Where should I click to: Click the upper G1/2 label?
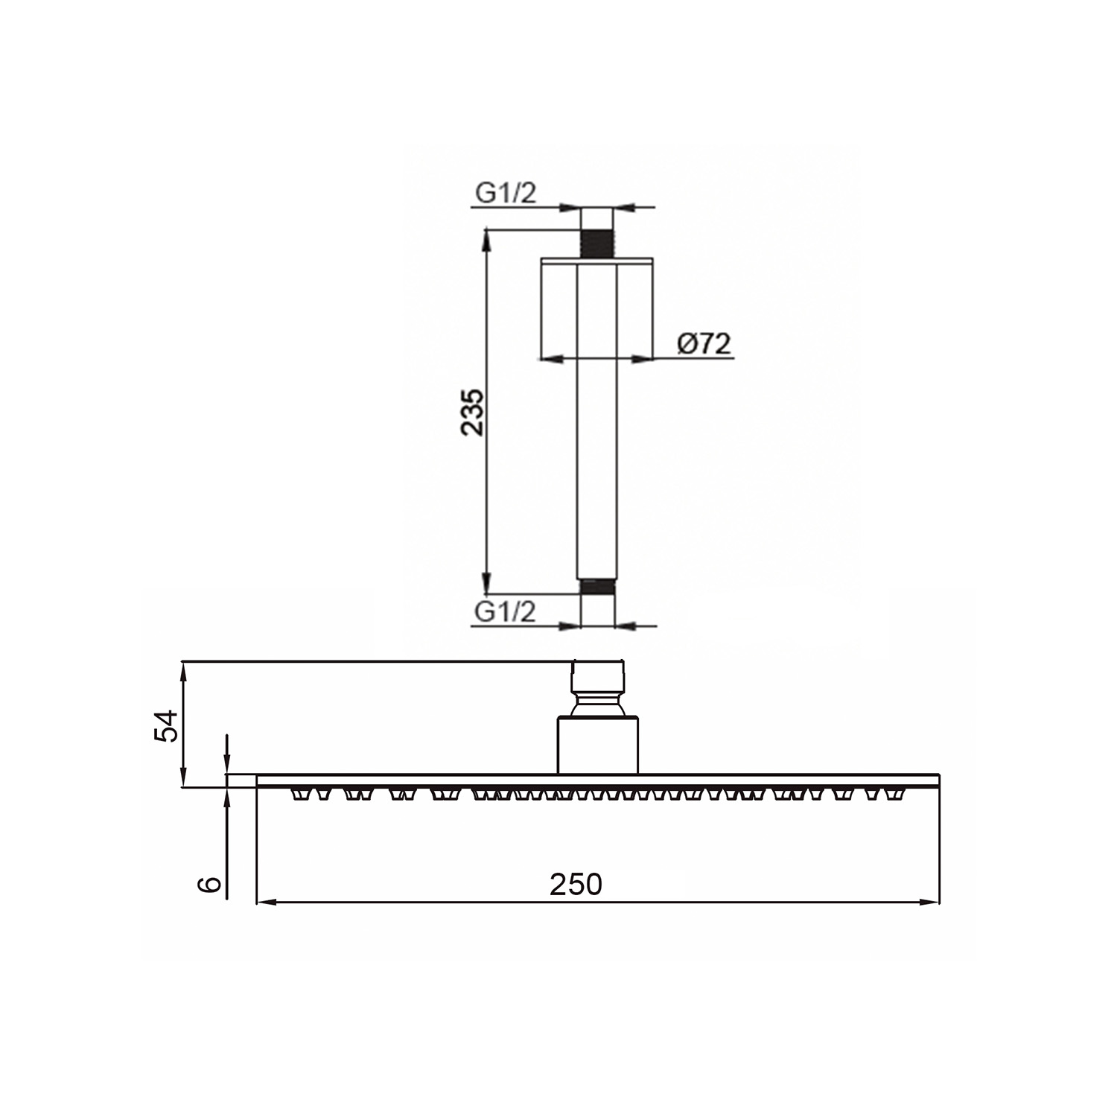click(506, 194)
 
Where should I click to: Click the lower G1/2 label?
click(506, 612)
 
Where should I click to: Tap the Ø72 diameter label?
click(704, 344)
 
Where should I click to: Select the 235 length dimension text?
click(473, 412)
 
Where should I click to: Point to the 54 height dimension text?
click(166, 725)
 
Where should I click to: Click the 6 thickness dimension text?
click(210, 883)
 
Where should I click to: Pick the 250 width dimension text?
click(576, 884)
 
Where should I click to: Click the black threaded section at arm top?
click(596, 243)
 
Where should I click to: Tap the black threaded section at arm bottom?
click(596, 587)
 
